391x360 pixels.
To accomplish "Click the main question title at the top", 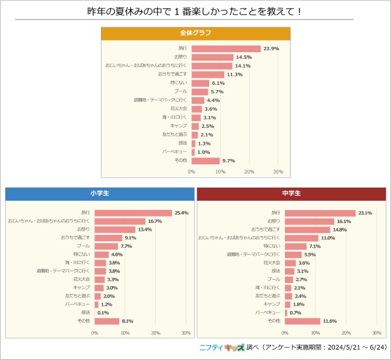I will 195,12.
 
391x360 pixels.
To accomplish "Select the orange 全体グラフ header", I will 195,33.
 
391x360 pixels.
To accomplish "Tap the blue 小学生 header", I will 100,194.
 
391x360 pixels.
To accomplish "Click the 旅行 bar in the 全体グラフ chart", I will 225,48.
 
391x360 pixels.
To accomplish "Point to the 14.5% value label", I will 244,57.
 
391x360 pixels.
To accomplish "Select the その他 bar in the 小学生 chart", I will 107,321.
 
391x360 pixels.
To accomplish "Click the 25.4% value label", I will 182,213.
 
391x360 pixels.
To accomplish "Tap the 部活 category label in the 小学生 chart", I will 85,312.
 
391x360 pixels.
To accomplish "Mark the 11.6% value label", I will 330,321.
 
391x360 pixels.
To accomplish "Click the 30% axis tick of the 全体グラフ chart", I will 278,172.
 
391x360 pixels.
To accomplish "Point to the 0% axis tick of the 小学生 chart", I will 94,333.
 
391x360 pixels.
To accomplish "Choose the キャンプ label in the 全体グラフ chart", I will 179,126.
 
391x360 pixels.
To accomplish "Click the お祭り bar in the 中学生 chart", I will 309,221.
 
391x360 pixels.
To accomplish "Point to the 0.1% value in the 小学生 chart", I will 103,312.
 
